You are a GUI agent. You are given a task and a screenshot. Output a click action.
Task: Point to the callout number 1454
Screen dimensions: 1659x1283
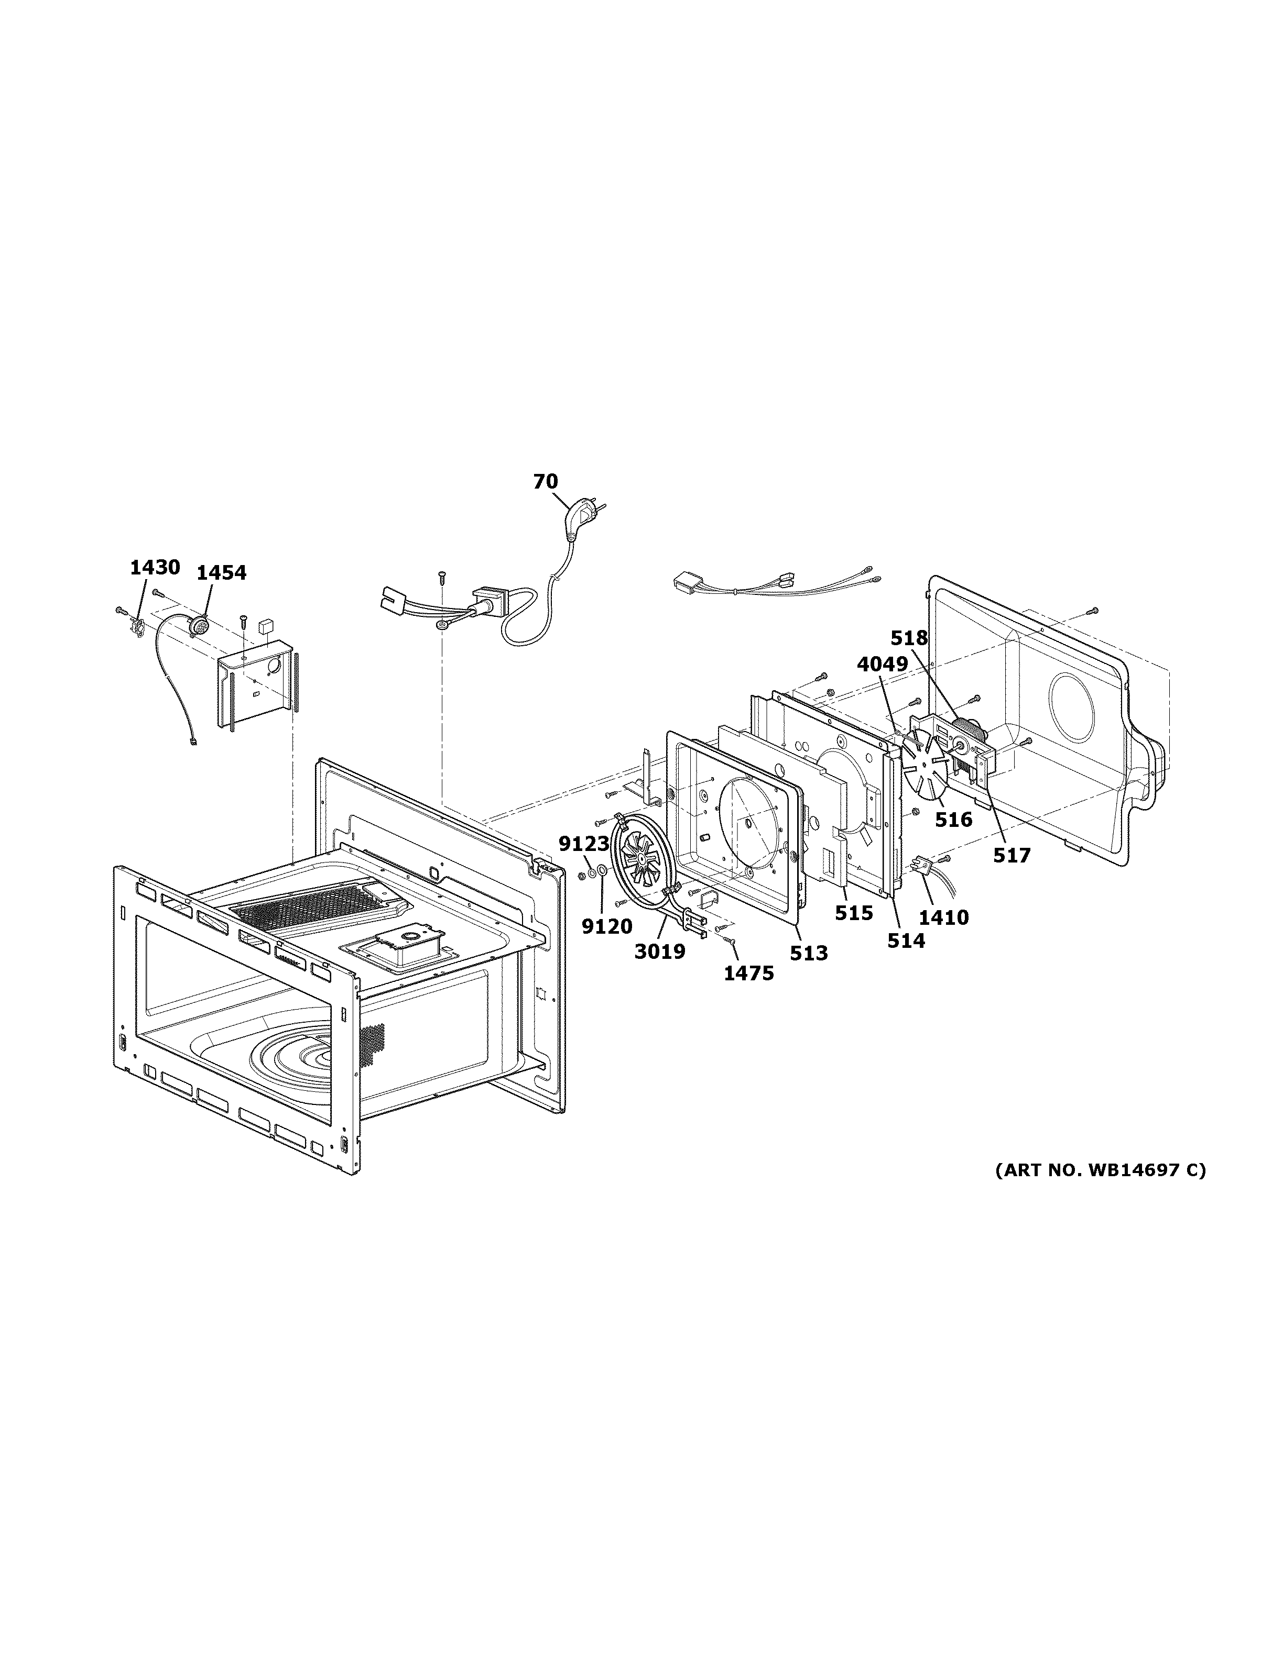tap(221, 573)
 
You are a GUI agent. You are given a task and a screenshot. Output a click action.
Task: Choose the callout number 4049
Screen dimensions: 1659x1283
tap(883, 664)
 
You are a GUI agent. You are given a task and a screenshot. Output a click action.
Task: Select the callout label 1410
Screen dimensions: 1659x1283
tap(943, 917)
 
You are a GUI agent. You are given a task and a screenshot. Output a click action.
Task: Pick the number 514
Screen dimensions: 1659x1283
tap(906, 941)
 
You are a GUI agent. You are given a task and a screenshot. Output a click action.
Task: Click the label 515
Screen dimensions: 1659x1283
tap(854, 913)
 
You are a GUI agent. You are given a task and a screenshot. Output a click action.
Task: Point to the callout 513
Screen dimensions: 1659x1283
tap(808, 953)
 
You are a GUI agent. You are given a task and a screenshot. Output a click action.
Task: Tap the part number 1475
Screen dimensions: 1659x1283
tap(748, 973)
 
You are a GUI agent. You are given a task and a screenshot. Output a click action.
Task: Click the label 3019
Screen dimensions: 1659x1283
tap(660, 951)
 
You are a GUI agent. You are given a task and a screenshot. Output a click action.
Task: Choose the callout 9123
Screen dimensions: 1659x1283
tap(584, 843)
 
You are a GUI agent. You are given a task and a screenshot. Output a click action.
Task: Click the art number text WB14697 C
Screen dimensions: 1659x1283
tap(1100, 1191)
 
